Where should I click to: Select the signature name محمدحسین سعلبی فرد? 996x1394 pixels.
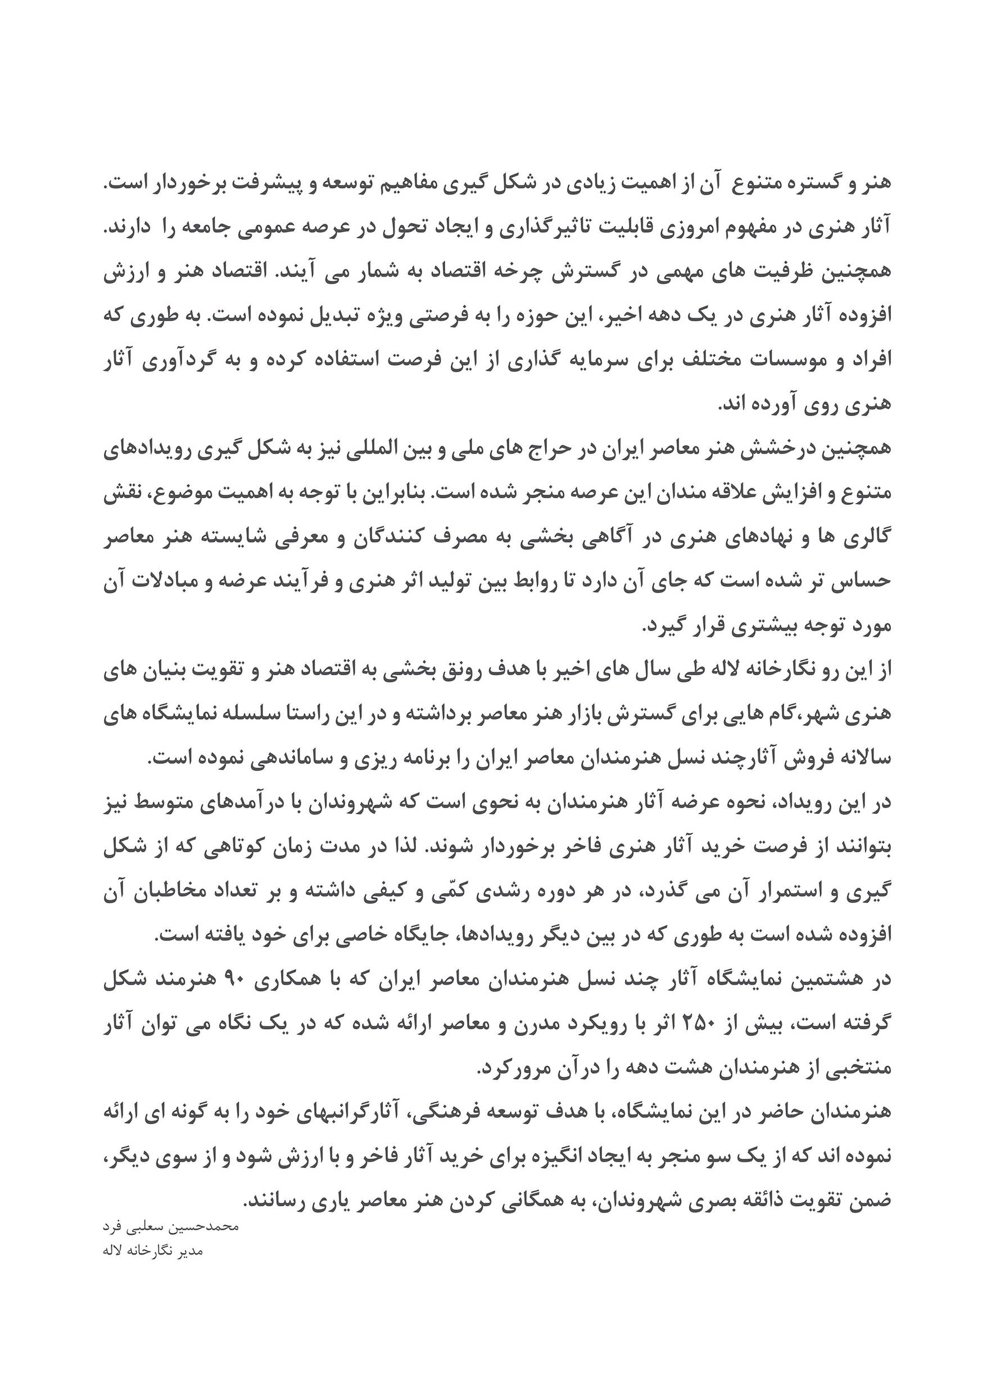pyautogui.click(x=170, y=1227)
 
